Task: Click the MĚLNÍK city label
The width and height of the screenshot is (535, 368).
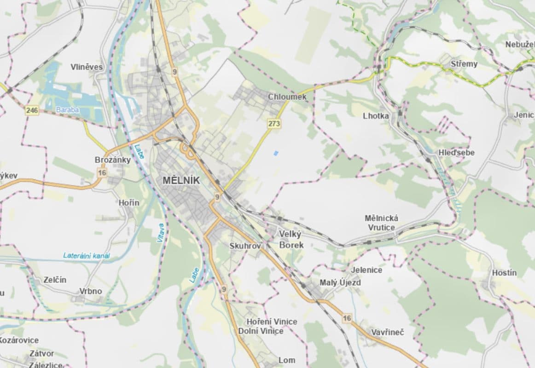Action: [x=181, y=181]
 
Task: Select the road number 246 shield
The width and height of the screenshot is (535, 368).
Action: [x=32, y=110]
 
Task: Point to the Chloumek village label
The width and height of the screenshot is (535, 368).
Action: [x=287, y=97]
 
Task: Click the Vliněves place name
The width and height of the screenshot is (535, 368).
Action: [x=87, y=67]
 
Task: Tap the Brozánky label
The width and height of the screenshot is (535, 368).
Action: [x=112, y=160]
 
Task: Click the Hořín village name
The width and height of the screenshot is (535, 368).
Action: [x=129, y=202]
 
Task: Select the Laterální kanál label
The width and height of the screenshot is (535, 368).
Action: [x=87, y=256]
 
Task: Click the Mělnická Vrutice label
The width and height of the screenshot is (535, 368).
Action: [x=381, y=223]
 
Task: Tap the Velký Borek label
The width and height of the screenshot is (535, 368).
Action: [x=291, y=239]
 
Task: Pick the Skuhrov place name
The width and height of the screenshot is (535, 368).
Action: [x=245, y=246]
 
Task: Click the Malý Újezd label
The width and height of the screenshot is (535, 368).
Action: [x=340, y=282]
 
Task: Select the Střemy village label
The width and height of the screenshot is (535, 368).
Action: [x=464, y=64]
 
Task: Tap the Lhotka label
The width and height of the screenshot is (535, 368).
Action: [x=376, y=116]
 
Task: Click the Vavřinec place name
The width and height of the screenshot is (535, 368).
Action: [x=387, y=332]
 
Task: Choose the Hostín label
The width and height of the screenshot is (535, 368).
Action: [x=504, y=273]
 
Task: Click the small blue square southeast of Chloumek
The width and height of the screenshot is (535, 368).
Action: [x=276, y=153]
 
